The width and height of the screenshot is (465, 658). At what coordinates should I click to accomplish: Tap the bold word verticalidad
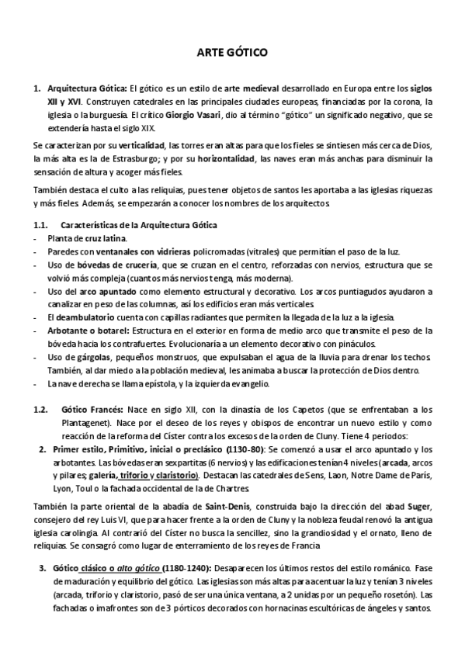(140, 146)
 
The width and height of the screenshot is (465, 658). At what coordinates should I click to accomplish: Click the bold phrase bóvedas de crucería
(125, 265)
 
